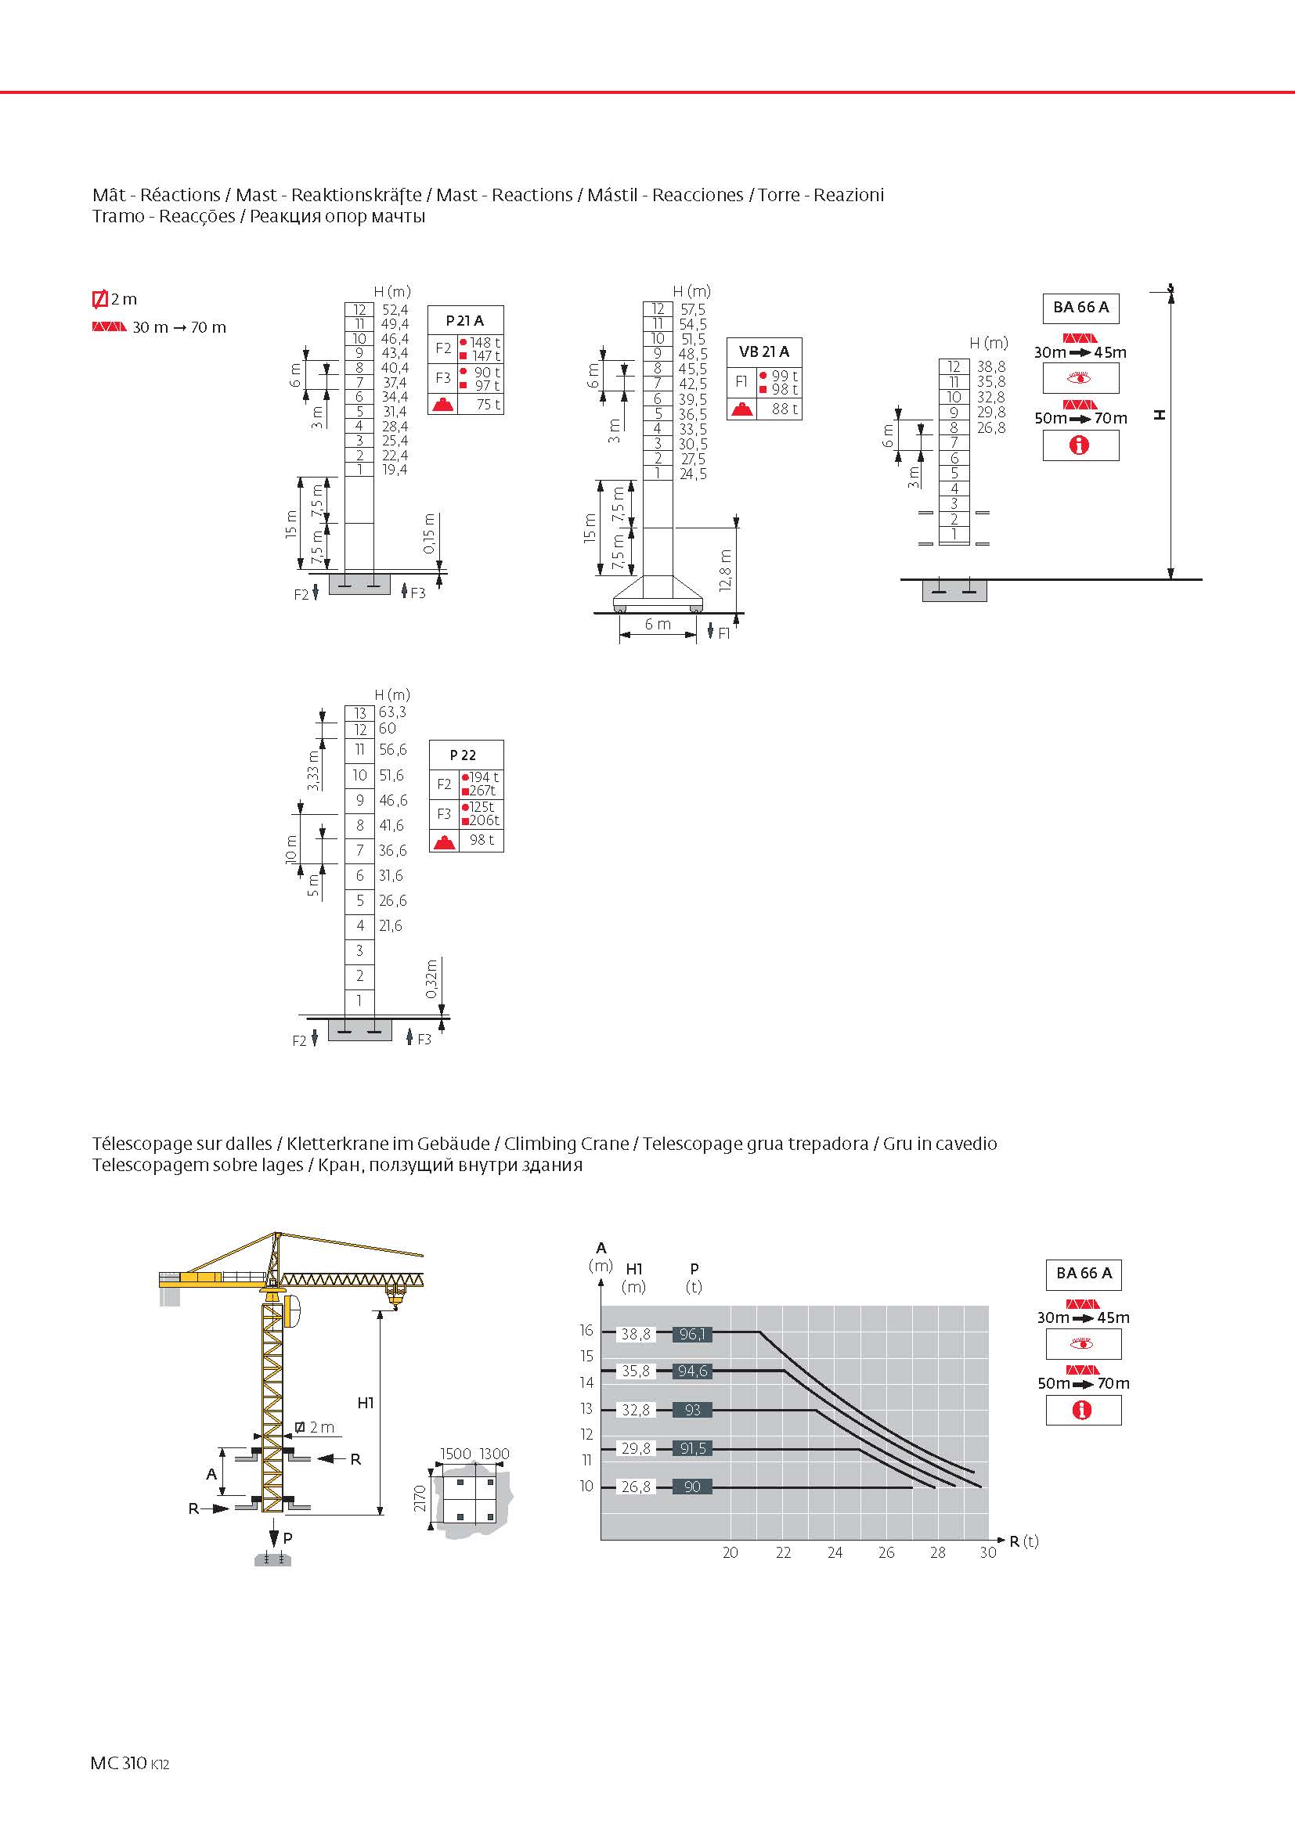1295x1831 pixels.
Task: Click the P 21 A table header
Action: (465, 321)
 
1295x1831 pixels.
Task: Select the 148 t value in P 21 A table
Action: (484, 343)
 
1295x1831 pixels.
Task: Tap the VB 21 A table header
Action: (764, 351)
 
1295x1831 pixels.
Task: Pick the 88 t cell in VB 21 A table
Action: (784, 409)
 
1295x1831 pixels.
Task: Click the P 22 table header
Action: (464, 755)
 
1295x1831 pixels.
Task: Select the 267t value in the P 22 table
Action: (482, 791)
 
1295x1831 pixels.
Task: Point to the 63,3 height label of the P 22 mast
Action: (392, 712)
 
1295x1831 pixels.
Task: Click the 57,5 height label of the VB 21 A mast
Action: (692, 309)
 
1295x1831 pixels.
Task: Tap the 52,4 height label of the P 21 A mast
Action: (395, 309)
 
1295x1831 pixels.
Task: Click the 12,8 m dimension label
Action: (725, 570)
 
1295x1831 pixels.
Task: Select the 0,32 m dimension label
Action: (431, 979)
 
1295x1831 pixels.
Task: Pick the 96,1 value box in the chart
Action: (691, 1333)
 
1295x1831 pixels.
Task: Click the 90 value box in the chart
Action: (691, 1487)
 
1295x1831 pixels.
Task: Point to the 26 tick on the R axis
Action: (886, 1552)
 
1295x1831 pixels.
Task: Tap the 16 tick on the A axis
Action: (586, 1330)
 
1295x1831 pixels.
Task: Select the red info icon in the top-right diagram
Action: (1080, 445)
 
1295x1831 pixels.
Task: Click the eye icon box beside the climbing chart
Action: (1082, 1344)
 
